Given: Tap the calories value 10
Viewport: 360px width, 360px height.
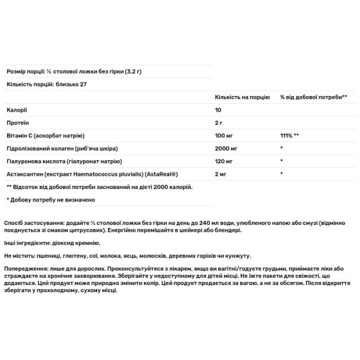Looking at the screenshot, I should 218,110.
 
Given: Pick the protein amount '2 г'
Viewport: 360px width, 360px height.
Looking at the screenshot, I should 219,123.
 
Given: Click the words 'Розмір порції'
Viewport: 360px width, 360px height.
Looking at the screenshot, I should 23,71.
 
